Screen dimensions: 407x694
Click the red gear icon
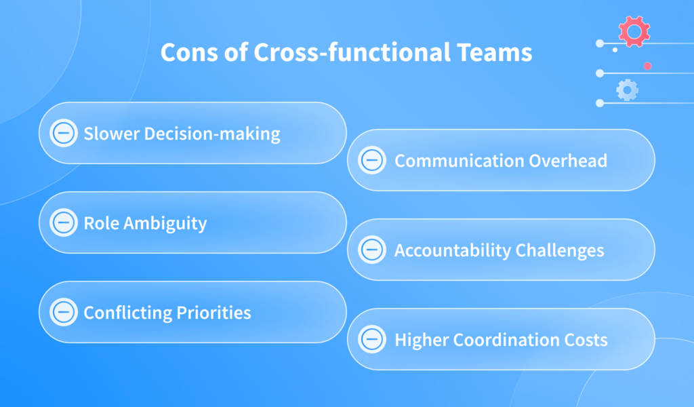point(634,31)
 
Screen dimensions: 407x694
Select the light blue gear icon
point(627,90)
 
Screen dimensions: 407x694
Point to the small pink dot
point(647,66)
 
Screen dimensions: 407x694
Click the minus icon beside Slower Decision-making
point(64,133)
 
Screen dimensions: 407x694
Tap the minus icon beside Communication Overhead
point(371,161)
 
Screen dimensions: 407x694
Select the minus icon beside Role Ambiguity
point(64,222)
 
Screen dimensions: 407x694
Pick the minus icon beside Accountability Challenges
point(371,250)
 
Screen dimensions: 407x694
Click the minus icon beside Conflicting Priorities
point(64,312)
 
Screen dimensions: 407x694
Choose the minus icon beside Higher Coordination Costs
point(371,339)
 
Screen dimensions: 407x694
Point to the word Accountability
point(453,250)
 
